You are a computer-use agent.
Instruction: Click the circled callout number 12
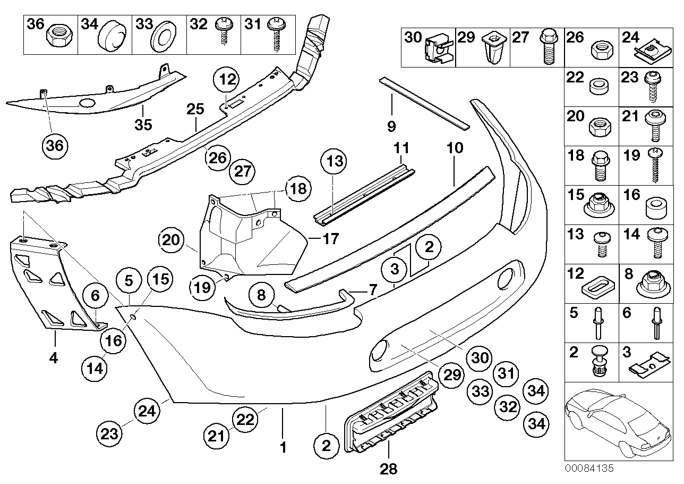pyautogui.click(x=227, y=81)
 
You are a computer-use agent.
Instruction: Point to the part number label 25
pyautogui.click(x=195, y=110)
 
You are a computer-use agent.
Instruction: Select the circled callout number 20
pyautogui.click(x=170, y=240)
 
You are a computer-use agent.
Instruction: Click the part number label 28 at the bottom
pyautogui.click(x=388, y=469)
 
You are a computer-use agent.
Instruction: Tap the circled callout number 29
pyautogui.click(x=451, y=376)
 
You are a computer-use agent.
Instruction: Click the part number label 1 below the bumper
pyautogui.click(x=283, y=448)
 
